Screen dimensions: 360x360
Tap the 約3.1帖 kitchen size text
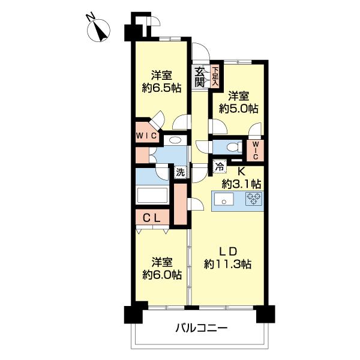tap(242, 183)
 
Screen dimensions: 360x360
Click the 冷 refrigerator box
tap(220, 169)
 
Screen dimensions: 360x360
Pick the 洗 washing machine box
tap(180, 172)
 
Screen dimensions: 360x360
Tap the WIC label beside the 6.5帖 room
tap(146, 136)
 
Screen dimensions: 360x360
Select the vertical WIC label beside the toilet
tap(254, 149)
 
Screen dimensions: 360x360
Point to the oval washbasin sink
tap(175, 140)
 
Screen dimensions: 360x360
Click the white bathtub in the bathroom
tap(152, 195)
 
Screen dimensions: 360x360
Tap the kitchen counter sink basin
tap(224, 200)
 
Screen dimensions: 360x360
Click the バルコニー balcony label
tap(201, 329)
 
